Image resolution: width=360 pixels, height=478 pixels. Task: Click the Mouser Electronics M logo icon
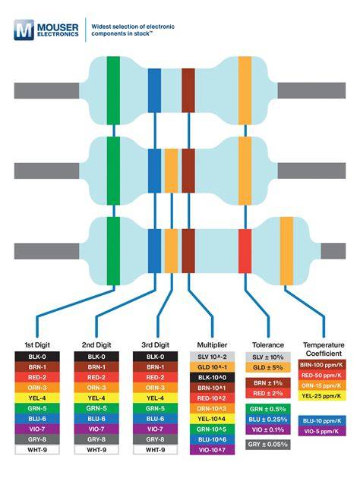click(x=24, y=30)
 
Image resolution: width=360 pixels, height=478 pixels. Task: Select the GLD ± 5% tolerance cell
click(x=268, y=367)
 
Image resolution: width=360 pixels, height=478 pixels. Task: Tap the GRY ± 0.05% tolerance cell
click(x=268, y=445)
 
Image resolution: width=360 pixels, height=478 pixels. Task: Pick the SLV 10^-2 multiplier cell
click(x=213, y=357)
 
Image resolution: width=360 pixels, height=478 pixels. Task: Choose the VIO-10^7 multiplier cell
click(x=213, y=450)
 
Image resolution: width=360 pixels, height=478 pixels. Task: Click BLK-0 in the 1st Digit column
click(x=37, y=357)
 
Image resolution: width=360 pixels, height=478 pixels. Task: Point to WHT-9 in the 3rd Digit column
click(x=155, y=450)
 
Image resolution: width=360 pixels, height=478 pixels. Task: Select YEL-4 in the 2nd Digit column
click(x=96, y=398)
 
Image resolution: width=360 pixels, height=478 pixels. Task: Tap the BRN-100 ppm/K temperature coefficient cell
click(x=322, y=365)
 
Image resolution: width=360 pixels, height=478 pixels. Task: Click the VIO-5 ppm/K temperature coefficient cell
click(x=322, y=432)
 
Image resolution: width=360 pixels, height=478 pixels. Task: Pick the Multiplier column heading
click(x=213, y=345)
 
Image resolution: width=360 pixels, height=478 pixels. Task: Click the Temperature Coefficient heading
click(x=324, y=349)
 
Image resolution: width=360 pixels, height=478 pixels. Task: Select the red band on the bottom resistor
click(x=245, y=251)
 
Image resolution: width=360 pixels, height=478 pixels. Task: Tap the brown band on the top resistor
click(x=188, y=90)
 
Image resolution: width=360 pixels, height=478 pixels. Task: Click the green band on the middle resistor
click(x=113, y=171)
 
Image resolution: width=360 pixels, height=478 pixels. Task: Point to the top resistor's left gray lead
click(x=46, y=90)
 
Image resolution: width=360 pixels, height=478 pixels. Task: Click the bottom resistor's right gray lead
click(x=333, y=251)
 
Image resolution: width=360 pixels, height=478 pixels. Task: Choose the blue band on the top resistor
click(x=154, y=90)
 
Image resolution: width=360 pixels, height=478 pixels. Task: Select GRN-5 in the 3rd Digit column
click(x=155, y=408)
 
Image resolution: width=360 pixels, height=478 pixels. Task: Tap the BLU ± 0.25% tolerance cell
click(x=268, y=420)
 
